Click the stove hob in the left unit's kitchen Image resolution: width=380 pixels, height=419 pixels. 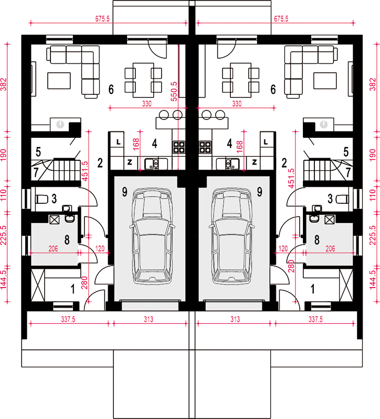[x=179, y=147]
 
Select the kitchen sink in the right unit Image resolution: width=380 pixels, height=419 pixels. [x=228, y=164]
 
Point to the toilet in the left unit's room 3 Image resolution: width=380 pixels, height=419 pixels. [x=42, y=199]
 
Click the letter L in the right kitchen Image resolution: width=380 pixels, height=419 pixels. [x=266, y=142]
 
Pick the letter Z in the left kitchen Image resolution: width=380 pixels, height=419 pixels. [x=130, y=162]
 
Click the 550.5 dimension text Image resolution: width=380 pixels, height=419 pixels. [x=174, y=91]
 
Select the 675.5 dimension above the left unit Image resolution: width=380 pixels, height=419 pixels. [x=102, y=19]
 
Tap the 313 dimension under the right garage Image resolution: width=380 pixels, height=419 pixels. [x=235, y=319]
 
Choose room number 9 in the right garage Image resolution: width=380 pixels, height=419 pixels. [x=259, y=192]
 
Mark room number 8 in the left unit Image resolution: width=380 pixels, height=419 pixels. [x=67, y=240]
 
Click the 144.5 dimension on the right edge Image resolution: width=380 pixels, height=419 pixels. [x=373, y=280]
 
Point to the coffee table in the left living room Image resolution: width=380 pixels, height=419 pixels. [x=59, y=81]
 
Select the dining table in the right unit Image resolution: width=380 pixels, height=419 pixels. [x=240, y=80]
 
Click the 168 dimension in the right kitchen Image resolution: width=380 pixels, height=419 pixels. [x=240, y=147]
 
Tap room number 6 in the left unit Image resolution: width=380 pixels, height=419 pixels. [x=111, y=89]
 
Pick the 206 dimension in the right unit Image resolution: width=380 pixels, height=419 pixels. [x=330, y=249]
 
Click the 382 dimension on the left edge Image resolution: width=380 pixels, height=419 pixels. [x=3, y=84]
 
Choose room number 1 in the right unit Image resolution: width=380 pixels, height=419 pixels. [x=312, y=289]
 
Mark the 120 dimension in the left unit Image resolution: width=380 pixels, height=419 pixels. [x=100, y=249]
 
